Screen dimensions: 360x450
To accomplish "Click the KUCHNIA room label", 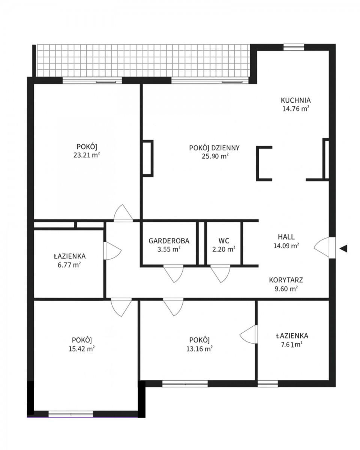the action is [295, 100].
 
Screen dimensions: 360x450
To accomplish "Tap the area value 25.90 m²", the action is [215, 156].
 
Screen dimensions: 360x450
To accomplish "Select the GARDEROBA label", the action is [169, 241].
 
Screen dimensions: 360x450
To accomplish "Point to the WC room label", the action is [224, 241].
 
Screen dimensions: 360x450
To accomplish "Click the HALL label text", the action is [286, 237].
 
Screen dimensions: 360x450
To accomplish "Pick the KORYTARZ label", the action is [286, 280].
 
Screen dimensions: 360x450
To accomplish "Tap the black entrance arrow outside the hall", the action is [343, 249].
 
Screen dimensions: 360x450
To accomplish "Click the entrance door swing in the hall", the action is [324, 247].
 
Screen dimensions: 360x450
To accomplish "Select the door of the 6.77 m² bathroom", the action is [112, 251].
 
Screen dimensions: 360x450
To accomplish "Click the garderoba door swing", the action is [173, 274].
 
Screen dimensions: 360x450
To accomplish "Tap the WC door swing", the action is [220, 274].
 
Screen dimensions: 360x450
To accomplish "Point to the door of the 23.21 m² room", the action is [123, 213].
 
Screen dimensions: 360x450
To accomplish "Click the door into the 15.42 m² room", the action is [121, 307].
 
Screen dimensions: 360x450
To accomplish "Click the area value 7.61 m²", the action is [292, 344].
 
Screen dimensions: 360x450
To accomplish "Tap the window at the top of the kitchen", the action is [294, 47].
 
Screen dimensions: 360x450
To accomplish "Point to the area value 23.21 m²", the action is [87, 155].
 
